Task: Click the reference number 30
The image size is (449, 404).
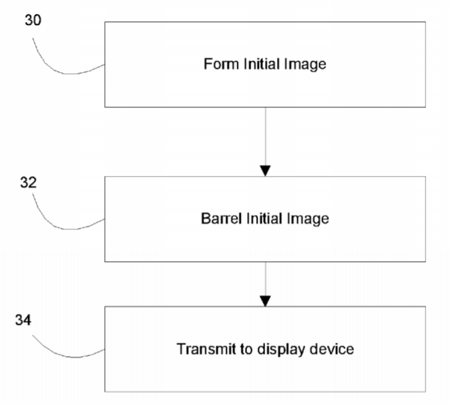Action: pyautogui.click(x=33, y=21)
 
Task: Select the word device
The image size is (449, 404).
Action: pyautogui.click(x=334, y=349)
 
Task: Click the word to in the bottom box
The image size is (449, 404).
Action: pyautogui.click(x=241, y=349)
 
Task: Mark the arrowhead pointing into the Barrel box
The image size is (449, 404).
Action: pyautogui.click(x=264, y=170)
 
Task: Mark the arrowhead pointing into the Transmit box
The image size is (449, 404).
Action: pyautogui.click(x=264, y=300)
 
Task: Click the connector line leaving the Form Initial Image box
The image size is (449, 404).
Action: pyautogui.click(x=264, y=135)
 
